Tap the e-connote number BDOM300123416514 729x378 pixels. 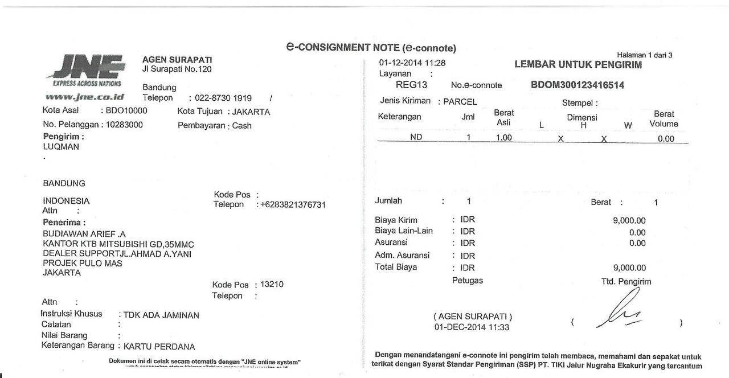click(577, 85)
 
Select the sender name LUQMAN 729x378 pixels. click(61, 147)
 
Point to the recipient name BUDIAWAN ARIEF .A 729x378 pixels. click(84, 234)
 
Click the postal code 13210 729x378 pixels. click(272, 285)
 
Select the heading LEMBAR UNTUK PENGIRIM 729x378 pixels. click(578, 65)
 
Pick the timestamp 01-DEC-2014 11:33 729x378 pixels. click(472, 327)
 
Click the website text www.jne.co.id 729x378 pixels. click(84, 97)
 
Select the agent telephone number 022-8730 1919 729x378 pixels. click(223, 98)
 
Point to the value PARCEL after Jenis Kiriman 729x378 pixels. click(460, 102)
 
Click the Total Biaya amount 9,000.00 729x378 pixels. click(629, 268)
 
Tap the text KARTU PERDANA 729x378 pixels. click(159, 347)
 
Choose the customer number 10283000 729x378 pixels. click(124, 125)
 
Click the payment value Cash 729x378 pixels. click(241, 126)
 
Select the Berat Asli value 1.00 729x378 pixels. click(503, 138)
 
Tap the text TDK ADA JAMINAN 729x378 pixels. click(161, 315)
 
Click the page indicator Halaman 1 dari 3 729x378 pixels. click(644, 55)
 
